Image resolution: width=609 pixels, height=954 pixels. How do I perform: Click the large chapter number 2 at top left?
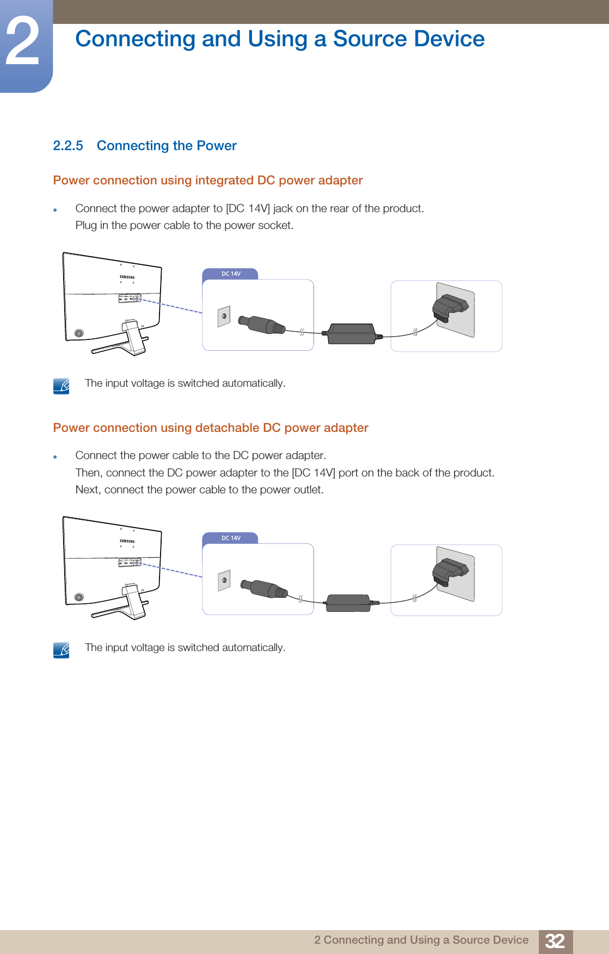click(23, 42)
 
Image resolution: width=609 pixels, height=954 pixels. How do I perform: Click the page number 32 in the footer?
click(555, 941)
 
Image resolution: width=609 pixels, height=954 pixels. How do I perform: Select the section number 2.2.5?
click(68, 146)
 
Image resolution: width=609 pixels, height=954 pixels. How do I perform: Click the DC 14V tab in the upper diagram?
click(231, 274)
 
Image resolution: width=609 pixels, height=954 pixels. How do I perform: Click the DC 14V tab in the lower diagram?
click(231, 538)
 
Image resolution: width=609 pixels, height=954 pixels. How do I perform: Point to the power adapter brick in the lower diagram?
click(348, 603)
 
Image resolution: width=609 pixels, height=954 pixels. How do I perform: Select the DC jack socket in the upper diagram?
click(224, 316)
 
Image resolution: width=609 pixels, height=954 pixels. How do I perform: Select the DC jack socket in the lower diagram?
click(224, 580)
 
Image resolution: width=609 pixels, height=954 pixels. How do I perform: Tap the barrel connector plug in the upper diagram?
click(261, 325)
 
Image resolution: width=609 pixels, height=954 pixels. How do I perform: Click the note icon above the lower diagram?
click(61, 386)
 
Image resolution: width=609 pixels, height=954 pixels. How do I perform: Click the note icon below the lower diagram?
click(61, 650)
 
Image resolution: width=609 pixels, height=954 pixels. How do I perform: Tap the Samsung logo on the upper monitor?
click(127, 277)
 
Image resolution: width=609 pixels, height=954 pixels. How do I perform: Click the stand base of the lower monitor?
click(112, 612)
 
